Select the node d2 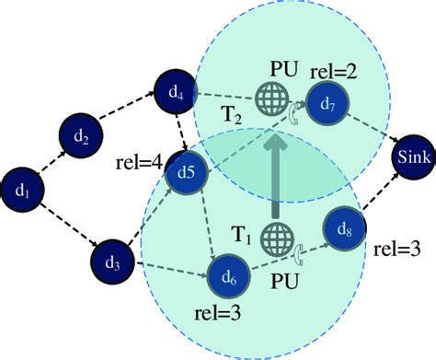pos(81,138)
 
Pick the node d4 pos(176,91)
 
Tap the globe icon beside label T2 pos(271,99)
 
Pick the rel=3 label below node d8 pos(400,250)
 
